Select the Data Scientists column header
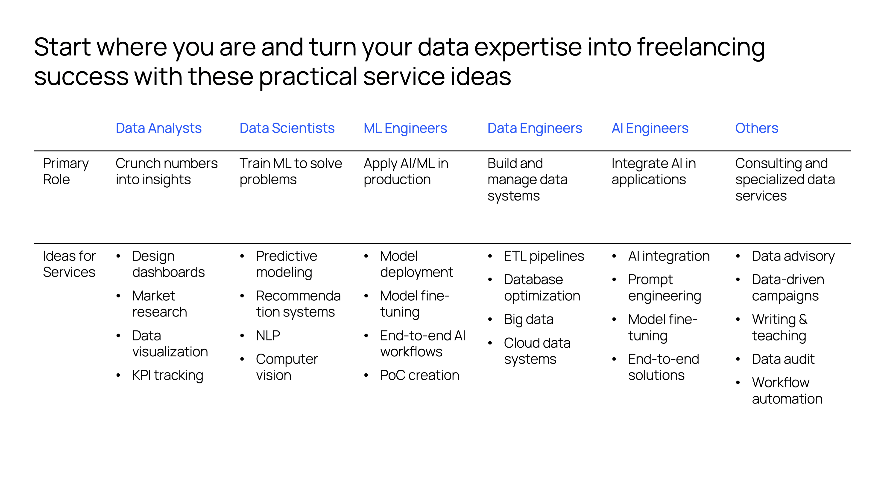[287, 128]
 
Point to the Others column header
[757, 128]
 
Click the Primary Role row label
[66, 171]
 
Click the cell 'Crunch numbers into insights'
[167, 171]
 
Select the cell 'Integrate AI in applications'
[654, 171]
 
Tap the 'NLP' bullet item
[268, 335]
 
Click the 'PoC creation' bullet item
[420, 375]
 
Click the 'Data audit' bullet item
[783, 359]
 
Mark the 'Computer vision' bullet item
[287, 367]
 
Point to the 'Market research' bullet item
[160, 304]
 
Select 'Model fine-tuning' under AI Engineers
[663, 328]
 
